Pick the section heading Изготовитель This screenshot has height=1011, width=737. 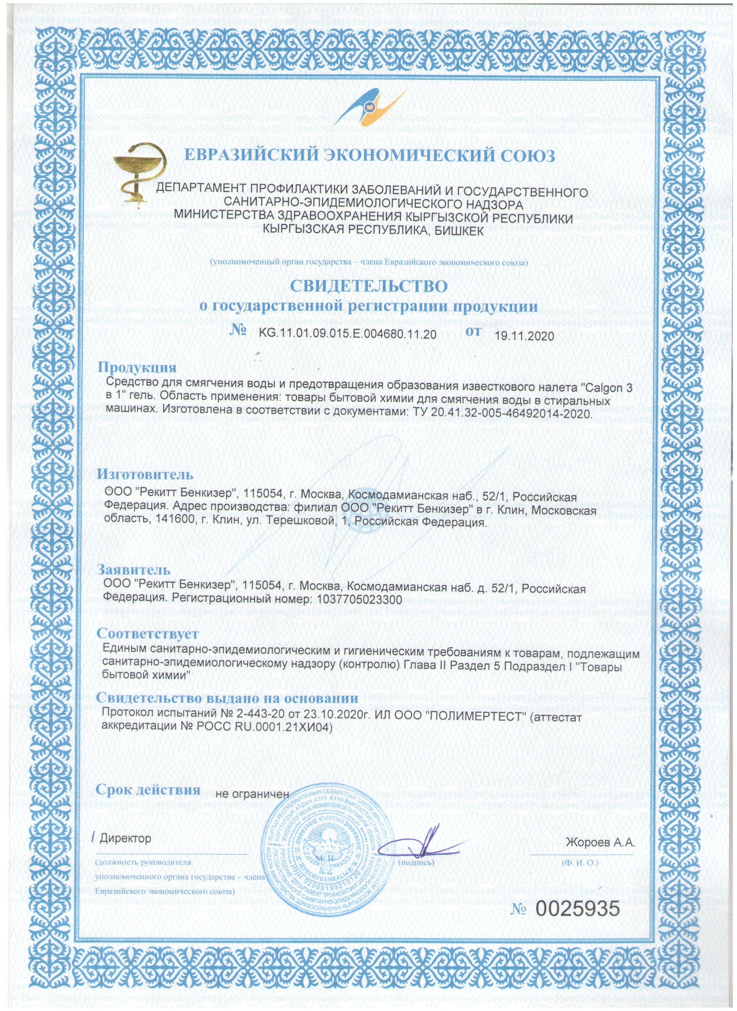pos(146,473)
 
